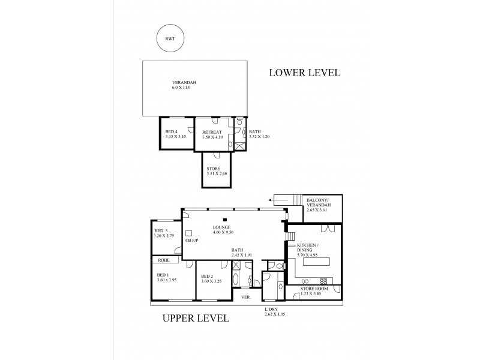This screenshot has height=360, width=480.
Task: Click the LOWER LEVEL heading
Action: click(x=304, y=73)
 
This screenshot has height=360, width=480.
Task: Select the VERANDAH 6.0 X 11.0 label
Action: click(x=184, y=85)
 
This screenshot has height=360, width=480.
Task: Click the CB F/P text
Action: click(x=193, y=241)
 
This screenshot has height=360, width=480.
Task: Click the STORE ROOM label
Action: click(x=320, y=291)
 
